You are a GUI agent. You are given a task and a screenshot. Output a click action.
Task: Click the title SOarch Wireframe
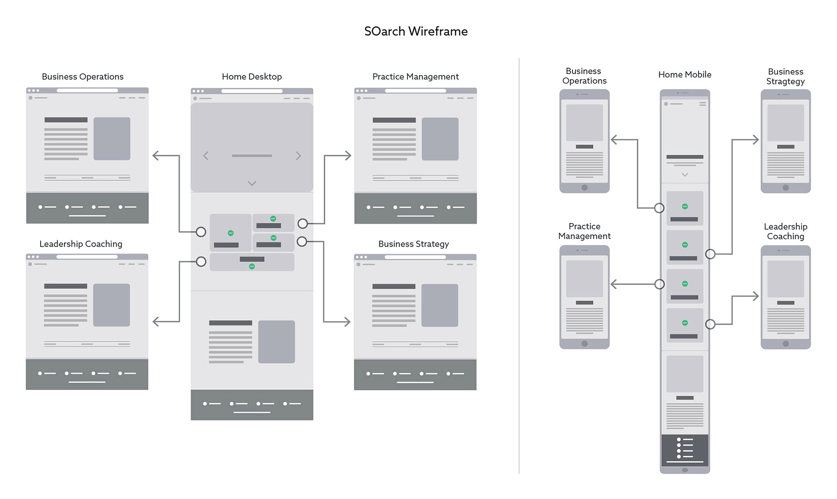tap(416, 31)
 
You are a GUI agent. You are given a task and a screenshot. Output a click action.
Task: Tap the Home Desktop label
tap(252, 77)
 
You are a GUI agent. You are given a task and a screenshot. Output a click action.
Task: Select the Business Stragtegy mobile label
tap(785, 76)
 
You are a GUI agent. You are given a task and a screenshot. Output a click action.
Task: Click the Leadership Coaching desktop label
tap(81, 244)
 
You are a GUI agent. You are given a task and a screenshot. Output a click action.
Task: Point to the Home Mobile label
tap(684, 75)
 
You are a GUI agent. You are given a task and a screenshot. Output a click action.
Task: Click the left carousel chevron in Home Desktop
tap(206, 156)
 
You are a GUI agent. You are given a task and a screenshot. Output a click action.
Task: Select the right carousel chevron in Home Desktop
tap(298, 156)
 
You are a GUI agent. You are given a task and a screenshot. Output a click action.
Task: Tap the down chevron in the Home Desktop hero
tap(252, 183)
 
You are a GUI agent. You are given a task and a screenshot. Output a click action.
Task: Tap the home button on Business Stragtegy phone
tap(786, 188)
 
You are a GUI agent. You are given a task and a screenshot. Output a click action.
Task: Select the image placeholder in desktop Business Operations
tap(112, 139)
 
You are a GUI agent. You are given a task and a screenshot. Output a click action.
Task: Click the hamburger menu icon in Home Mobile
tap(702, 104)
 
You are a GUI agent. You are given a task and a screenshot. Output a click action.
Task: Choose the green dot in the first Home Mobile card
tap(685, 207)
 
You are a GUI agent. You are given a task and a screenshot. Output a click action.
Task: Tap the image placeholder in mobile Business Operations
tap(584, 122)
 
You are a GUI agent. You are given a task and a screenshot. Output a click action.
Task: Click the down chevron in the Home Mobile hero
tap(685, 175)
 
